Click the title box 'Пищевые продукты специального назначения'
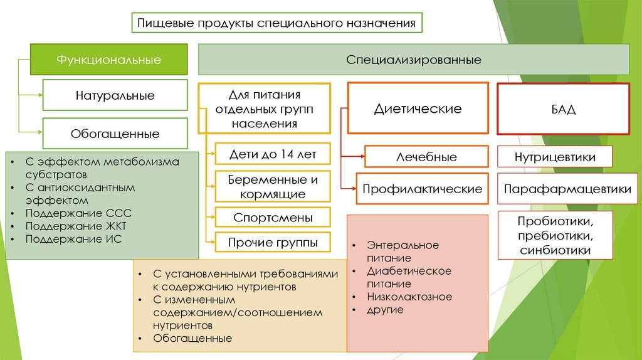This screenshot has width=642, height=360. pos(276,24)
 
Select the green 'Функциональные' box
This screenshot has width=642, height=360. pos(109,60)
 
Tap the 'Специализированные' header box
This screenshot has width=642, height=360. pos(414,60)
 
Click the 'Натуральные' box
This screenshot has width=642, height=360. pos(115,96)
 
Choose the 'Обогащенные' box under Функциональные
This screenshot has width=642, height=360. pos(115,134)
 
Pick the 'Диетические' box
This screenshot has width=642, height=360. pos(418,109)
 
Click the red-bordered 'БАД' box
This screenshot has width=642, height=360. pos(563,109)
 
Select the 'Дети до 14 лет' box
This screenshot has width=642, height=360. pos(272,154)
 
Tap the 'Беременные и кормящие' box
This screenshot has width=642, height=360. pos(272,186)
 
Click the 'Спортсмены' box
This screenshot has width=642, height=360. pos(272,218)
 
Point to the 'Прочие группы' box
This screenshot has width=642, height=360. pos(272,242)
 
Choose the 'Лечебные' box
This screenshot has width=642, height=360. pos(426,157)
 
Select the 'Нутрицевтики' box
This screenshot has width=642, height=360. pos(554,157)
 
